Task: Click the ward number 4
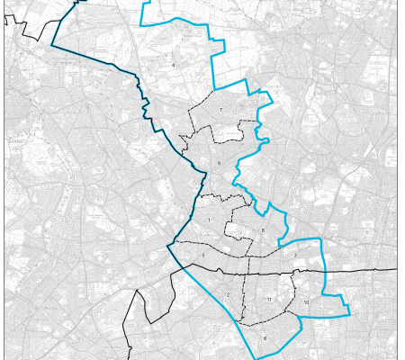173,65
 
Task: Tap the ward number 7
220,110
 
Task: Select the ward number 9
218,163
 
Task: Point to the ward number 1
208,220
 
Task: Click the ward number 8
262,231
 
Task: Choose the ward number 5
203,256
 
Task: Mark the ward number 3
294,255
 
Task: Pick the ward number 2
228,295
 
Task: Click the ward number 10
306,302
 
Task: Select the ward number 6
265,338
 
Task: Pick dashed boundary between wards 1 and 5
202,242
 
